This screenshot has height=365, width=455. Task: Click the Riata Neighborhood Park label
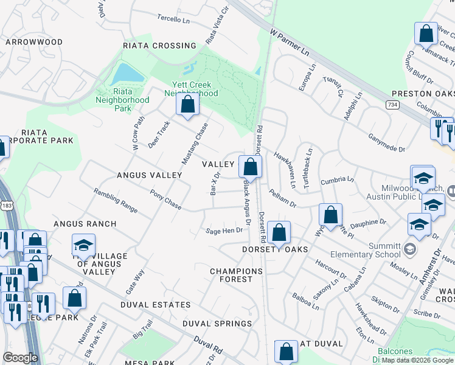122,100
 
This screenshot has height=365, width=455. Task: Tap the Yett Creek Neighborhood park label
191,89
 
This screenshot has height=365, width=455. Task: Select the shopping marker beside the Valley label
249,165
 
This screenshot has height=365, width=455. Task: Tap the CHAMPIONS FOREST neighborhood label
231,275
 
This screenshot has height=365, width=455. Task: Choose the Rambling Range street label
115,200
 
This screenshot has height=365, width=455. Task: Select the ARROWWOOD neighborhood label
34,42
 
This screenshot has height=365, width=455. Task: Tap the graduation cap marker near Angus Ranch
83,245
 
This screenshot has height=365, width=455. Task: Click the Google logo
20,358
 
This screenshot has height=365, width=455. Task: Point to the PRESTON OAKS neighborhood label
423,94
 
